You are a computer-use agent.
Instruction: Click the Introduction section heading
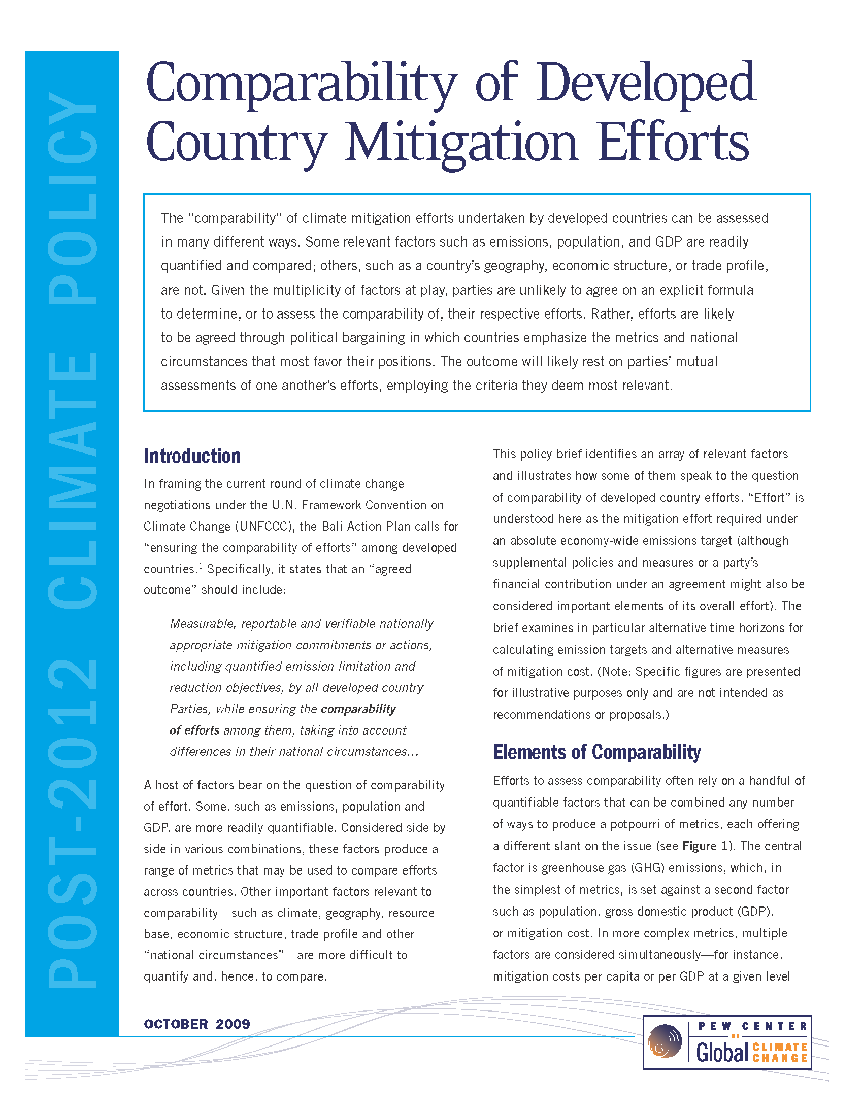pos(192,456)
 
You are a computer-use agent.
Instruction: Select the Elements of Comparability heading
pos(596,752)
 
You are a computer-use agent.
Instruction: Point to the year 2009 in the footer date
pos(233,1024)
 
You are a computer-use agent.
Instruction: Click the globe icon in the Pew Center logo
pos(665,1041)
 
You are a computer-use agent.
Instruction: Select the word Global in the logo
pos(722,1053)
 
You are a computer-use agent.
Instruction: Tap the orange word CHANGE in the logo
pos(780,1058)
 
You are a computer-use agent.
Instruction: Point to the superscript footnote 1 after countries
pos(201,566)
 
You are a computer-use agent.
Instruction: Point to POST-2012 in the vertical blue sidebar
pos(72,823)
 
